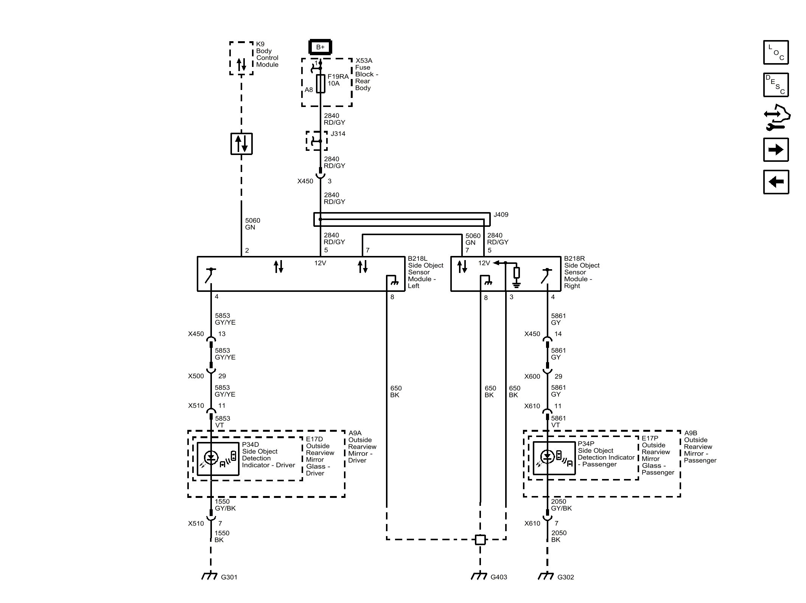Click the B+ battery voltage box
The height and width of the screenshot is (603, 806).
tap(320, 47)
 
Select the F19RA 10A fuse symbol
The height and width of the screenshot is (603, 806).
tap(321, 84)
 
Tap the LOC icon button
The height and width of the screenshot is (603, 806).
tap(776, 53)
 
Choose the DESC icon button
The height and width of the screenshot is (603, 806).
tap(776, 85)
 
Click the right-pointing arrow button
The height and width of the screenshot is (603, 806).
tap(776, 150)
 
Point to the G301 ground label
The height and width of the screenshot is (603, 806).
tap(229, 577)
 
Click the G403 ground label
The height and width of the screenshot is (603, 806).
tap(498, 577)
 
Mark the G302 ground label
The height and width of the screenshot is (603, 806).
tap(565, 577)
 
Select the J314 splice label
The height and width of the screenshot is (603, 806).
tap(338, 134)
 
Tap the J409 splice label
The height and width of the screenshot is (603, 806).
tap(501, 215)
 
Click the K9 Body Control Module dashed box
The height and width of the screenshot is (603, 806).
tap(241, 58)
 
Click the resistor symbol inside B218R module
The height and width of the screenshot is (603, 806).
tap(517, 273)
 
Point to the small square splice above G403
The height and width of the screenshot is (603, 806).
tap(480, 539)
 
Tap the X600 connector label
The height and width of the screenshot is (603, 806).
tap(532, 377)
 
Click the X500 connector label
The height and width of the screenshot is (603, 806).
tap(196, 376)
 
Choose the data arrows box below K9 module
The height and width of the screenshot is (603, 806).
tap(241, 144)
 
